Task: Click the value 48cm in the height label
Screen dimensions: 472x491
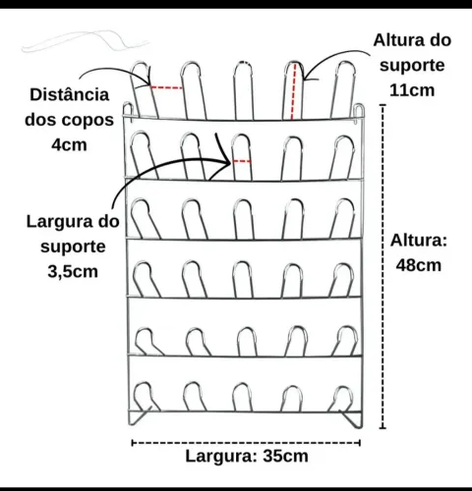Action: (x=419, y=265)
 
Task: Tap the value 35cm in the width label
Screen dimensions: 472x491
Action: (x=285, y=456)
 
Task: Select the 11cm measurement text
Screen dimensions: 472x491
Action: (x=412, y=90)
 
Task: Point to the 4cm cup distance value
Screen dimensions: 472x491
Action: (x=69, y=144)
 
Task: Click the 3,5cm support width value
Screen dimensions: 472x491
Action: (x=73, y=271)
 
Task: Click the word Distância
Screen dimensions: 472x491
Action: (x=70, y=95)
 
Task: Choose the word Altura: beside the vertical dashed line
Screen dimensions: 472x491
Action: (x=419, y=241)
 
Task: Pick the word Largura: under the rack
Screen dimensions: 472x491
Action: (x=221, y=456)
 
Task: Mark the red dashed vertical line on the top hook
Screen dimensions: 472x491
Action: (x=293, y=91)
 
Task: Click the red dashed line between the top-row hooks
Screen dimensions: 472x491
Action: (x=166, y=87)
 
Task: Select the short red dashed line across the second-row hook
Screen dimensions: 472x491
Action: (x=242, y=161)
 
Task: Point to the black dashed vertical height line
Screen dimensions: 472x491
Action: (x=383, y=266)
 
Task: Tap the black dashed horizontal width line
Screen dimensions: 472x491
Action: (x=246, y=443)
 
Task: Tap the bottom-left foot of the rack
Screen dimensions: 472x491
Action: (x=140, y=416)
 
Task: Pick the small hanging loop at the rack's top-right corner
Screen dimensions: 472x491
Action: (x=360, y=113)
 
